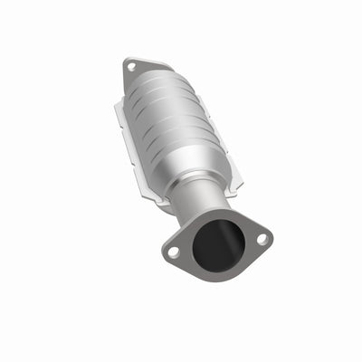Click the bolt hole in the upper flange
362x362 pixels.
(x=131, y=66)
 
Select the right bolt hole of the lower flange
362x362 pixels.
(x=261, y=239)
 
